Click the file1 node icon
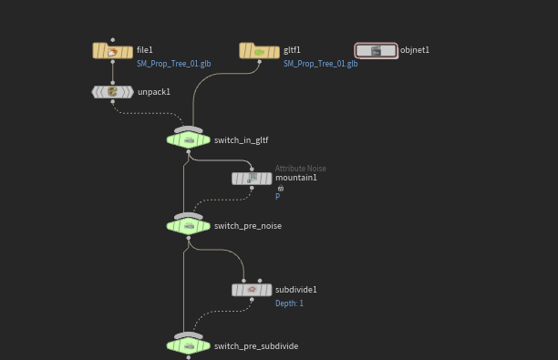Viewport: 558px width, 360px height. coord(112,52)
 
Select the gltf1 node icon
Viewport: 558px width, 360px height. coord(260,52)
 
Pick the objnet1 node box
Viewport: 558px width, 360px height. coord(377,50)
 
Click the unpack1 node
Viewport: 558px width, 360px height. coord(113,92)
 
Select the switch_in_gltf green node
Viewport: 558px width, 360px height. coord(188,139)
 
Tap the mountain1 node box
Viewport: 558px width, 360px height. coord(252,179)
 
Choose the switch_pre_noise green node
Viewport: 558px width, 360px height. coord(188,226)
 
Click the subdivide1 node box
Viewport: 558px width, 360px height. coord(252,290)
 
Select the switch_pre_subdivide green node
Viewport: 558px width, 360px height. coord(188,345)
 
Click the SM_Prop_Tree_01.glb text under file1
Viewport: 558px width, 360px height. coord(173,64)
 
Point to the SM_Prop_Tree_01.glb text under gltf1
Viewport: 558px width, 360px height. coord(320,64)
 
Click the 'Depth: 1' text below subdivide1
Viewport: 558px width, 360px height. coord(289,303)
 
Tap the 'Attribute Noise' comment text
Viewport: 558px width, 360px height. coord(300,169)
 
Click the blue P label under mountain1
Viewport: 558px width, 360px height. coord(277,196)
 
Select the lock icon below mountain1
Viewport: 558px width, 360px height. coord(281,188)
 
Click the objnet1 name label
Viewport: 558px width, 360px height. coord(415,50)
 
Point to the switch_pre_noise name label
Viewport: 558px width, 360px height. coord(248,226)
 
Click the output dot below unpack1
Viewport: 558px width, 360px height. coord(113,102)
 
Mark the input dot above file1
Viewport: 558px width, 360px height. coord(113,40)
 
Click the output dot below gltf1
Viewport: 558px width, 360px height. coord(260,62)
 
